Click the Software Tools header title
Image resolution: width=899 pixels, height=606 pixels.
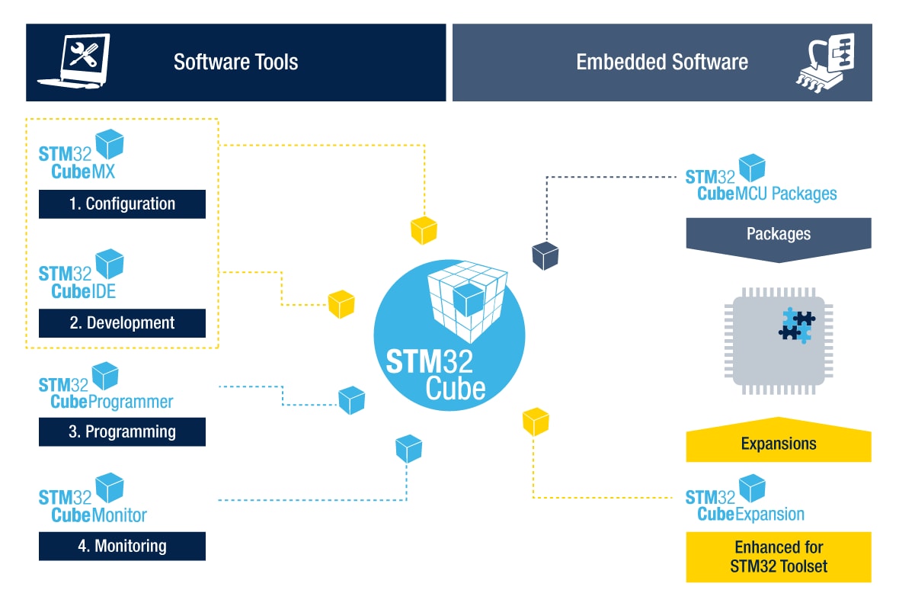(x=235, y=62)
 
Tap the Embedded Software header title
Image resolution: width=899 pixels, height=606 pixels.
(x=661, y=62)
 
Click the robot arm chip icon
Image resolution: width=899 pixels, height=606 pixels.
(x=824, y=62)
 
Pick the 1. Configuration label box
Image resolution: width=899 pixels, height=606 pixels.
(x=122, y=204)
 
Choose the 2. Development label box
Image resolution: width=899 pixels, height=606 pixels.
(x=122, y=322)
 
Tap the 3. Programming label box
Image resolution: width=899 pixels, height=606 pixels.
(x=122, y=431)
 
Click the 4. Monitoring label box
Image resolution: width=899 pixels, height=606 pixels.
(x=122, y=546)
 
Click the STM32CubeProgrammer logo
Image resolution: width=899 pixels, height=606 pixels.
(x=105, y=387)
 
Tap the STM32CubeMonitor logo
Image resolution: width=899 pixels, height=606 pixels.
(x=92, y=499)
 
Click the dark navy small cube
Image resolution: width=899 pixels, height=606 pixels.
(x=545, y=255)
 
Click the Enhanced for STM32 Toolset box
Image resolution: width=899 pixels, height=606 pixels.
(x=778, y=557)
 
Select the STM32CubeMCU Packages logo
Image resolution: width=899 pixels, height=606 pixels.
(x=760, y=180)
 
